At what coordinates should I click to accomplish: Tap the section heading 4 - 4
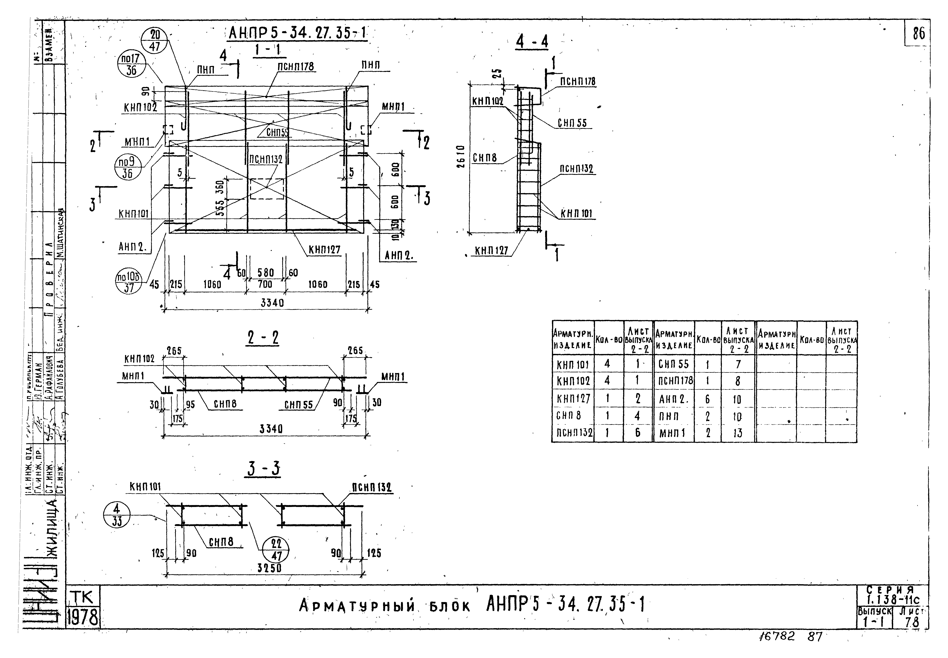coord(532,42)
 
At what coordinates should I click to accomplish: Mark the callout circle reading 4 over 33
coord(117,515)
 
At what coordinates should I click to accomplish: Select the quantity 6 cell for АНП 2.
coord(708,399)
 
